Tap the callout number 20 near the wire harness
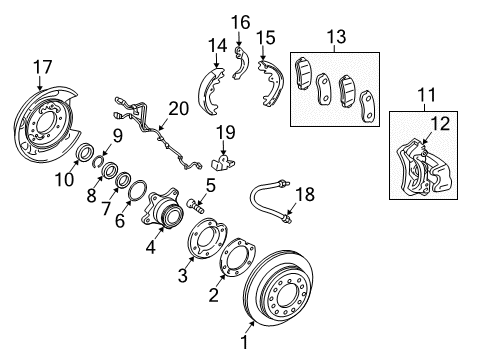point(177,107)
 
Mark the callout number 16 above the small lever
point(240,22)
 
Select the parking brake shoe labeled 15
point(269,75)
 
